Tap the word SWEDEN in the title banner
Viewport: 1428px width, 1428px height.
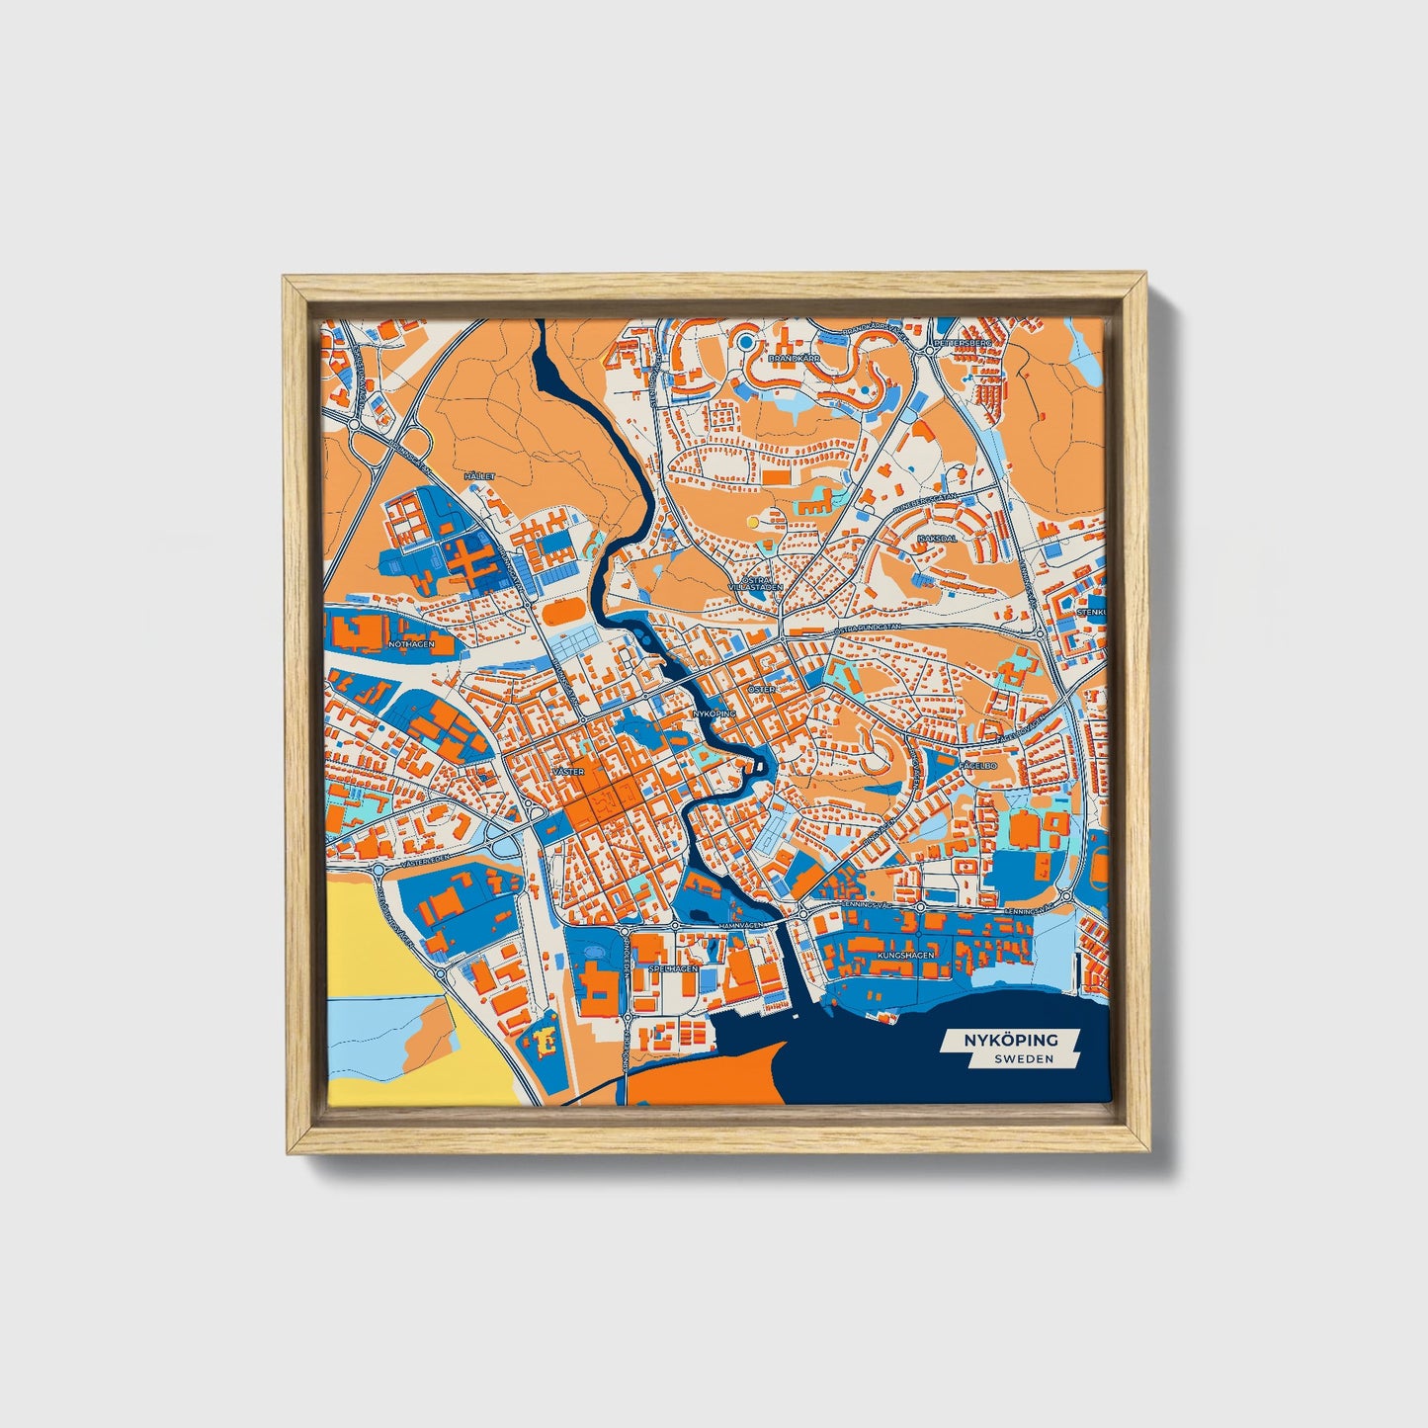(x=1023, y=1058)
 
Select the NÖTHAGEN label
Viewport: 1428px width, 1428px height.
(x=412, y=644)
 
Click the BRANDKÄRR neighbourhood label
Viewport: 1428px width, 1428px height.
(x=790, y=360)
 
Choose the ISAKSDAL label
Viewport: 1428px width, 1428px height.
(x=936, y=539)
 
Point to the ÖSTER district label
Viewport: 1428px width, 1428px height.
(x=761, y=688)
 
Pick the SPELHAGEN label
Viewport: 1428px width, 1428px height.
(x=674, y=969)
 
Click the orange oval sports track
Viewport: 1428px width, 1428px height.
(x=563, y=613)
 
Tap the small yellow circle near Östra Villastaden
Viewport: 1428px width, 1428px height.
(x=753, y=521)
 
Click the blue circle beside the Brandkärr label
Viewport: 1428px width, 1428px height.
(x=746, y=343)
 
